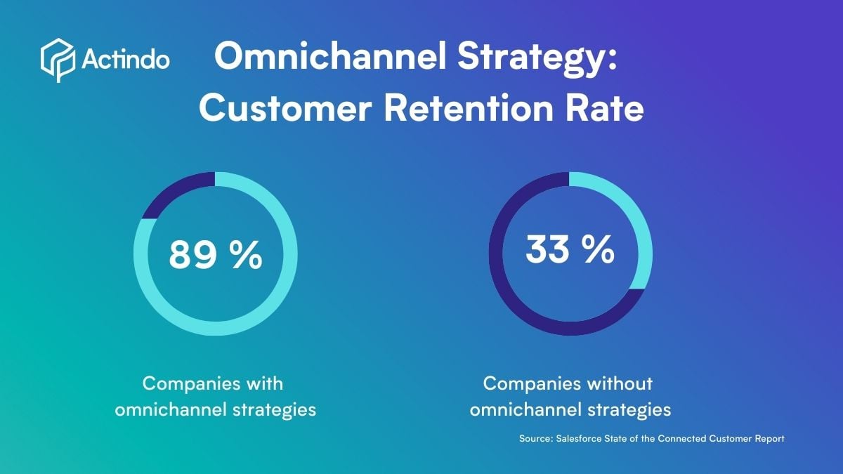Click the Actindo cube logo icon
tap(57, 60)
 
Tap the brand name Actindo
tap(125, 60)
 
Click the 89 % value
tap(215, 255)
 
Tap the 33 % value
tap(570, 251)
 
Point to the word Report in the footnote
tap(769, 438)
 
